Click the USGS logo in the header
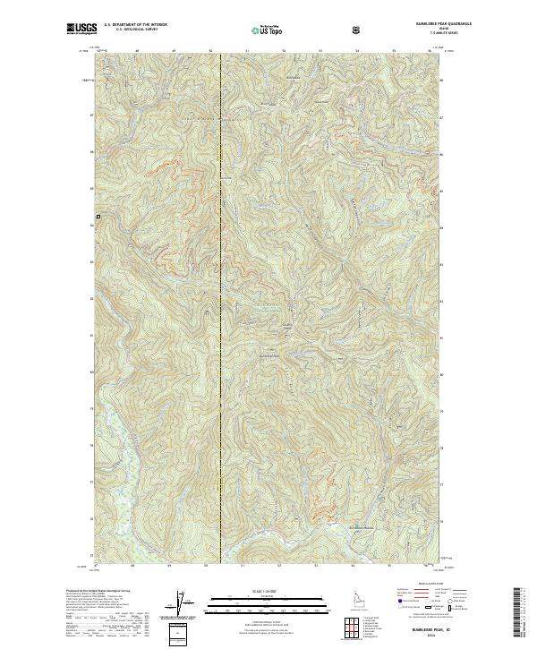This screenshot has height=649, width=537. click(81, 30)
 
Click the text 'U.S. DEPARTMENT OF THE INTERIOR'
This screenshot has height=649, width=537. click(135, 25)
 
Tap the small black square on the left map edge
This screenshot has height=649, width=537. click(98, 218)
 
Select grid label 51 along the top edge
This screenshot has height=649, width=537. click(247, 51)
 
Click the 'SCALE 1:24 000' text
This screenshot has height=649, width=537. click(260, 592)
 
